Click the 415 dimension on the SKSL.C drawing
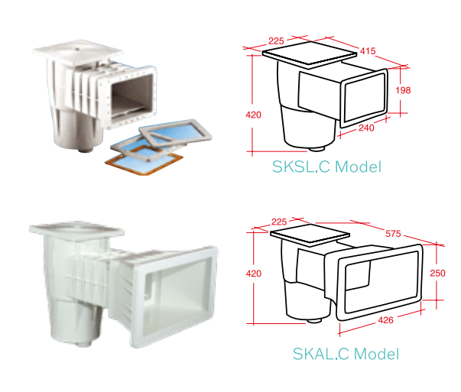(x=368, y=51)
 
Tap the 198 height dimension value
(x=403, y=90)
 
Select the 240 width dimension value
(x=366, y=128)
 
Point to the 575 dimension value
(x=393, y=234)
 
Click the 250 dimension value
(x=437, y=274)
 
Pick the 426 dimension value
(x=385, y=319)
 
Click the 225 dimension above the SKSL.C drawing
(x=276, y=40)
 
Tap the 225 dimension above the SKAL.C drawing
(x=279, y=222)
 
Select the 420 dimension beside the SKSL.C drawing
(x=253, y=115)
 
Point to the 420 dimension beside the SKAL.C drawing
(x=253, y=274)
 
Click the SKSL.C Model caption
(x=326, y=167)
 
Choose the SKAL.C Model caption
(x=346, y=354)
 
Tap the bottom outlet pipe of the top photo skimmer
(x=86, y=150)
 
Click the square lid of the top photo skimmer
(x=77, y=52)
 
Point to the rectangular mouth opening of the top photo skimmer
(x=131, y=96)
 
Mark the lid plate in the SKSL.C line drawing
(x=310, y=55)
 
